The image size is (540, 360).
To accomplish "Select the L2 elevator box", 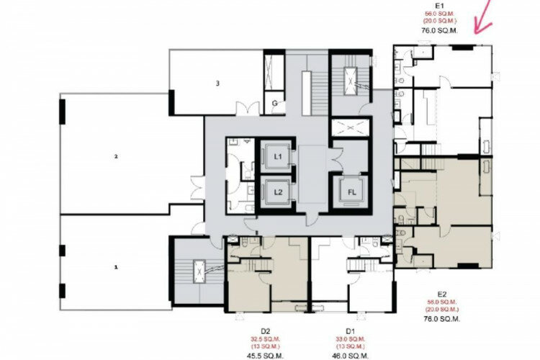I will click(x=278, y=192).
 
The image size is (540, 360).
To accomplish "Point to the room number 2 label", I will click(x=115, y=156).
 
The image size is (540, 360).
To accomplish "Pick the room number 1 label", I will click(x=115, y=266).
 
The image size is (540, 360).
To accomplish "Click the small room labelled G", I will click(x=274, y=103).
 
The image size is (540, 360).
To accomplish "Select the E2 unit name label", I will click(x=442, y=294).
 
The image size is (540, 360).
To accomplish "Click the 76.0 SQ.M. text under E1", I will click(x=433, y=31).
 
